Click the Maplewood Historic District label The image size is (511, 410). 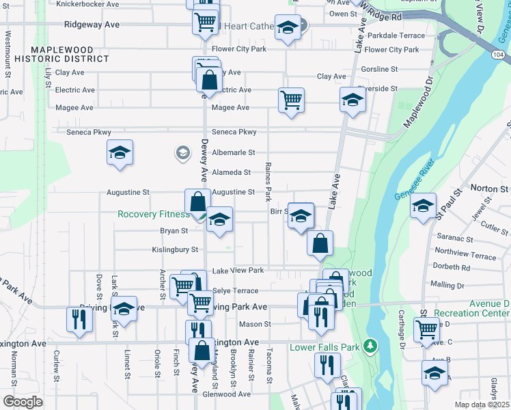(70, 54)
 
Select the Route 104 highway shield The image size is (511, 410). (499, 53)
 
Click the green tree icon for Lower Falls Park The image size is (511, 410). (370, 346)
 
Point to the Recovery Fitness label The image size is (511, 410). (154, 214)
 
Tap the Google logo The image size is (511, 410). (23, 402)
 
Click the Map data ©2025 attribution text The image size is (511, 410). (482, 405)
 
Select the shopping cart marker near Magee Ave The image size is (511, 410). (292, 100)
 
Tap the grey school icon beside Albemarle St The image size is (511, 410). (182, 152)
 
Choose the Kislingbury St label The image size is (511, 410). (175, 249)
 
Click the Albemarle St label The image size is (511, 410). (233, 153)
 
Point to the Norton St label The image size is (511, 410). (490, 188)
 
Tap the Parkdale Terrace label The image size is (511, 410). (396, 36)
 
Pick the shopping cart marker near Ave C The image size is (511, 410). (426, 329)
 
